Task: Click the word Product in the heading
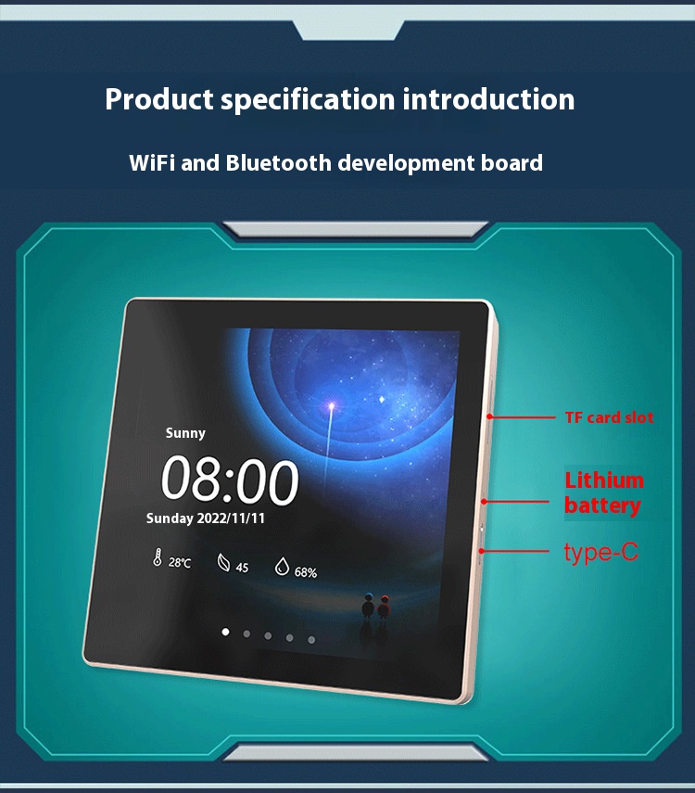159,99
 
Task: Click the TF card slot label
609,417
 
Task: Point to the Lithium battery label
604,492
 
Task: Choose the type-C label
601,552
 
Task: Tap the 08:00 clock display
230,480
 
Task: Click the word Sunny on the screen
185,433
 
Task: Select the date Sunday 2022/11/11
205,518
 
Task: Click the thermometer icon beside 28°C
158,557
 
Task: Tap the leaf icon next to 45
223,562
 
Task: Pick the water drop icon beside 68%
282,567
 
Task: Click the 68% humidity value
306,572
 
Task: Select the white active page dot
225,632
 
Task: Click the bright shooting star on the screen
332,405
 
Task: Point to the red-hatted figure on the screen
385,607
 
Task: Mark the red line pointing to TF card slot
521,417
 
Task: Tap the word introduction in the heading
488,99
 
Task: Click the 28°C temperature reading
180,562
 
